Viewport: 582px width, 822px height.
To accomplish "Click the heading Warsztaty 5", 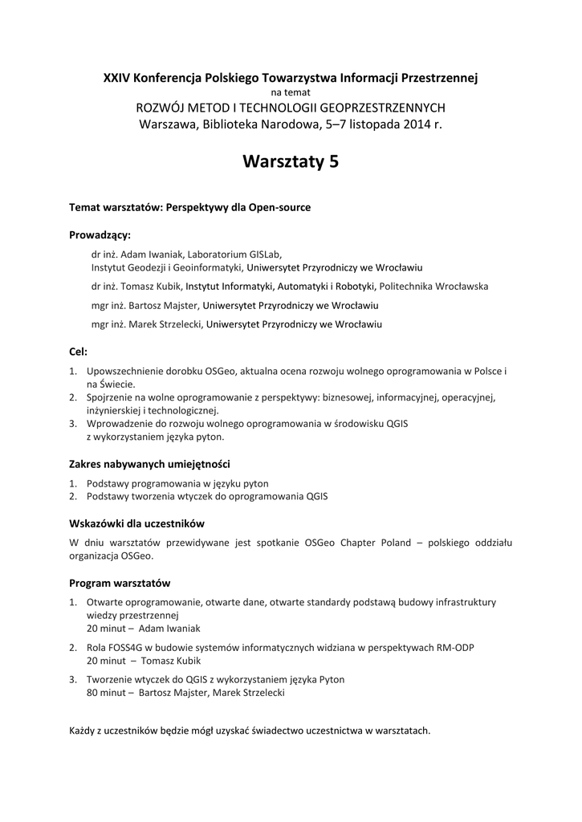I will click(291, 162).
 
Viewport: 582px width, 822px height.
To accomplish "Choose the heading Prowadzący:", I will click(100, 235).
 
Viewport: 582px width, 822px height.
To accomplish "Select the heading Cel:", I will click(78, 352).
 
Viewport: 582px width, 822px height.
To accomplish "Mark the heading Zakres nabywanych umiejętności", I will click(150, 464).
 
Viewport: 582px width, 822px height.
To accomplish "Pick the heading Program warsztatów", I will click(120, 582).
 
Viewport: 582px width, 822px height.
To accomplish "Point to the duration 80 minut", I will click(108, 692).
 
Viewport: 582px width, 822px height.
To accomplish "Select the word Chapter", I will click(340, 543).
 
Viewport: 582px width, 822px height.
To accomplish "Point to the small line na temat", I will click(291, 92).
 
